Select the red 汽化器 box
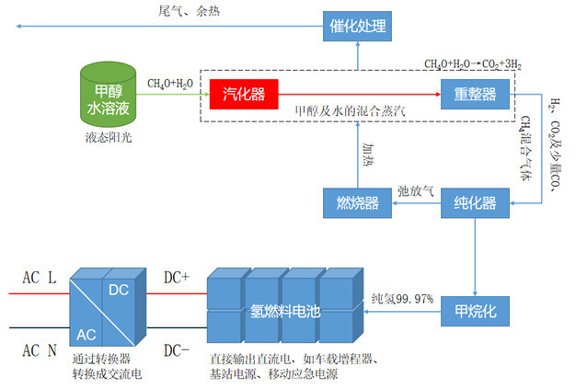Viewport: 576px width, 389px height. pos(243,93)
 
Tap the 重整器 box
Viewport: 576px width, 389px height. pos(475,94)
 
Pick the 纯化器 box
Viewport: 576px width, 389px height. pos(475,201)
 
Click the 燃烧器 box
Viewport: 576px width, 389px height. pos(351,202)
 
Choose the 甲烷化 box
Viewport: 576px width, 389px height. pos(475,311)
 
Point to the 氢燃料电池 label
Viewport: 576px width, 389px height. pos(285,312)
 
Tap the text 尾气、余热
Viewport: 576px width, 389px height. pos(190,11)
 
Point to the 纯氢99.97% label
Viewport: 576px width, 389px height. pos(402,300)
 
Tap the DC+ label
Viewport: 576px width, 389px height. pos(177,276)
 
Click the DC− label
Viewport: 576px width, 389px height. pos(178,349)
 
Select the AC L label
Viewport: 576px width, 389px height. pos(40,276)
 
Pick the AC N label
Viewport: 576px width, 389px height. pos(40,349)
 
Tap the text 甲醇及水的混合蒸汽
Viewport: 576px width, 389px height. pos(349,111)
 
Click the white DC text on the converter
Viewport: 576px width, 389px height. pos(120,289)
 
